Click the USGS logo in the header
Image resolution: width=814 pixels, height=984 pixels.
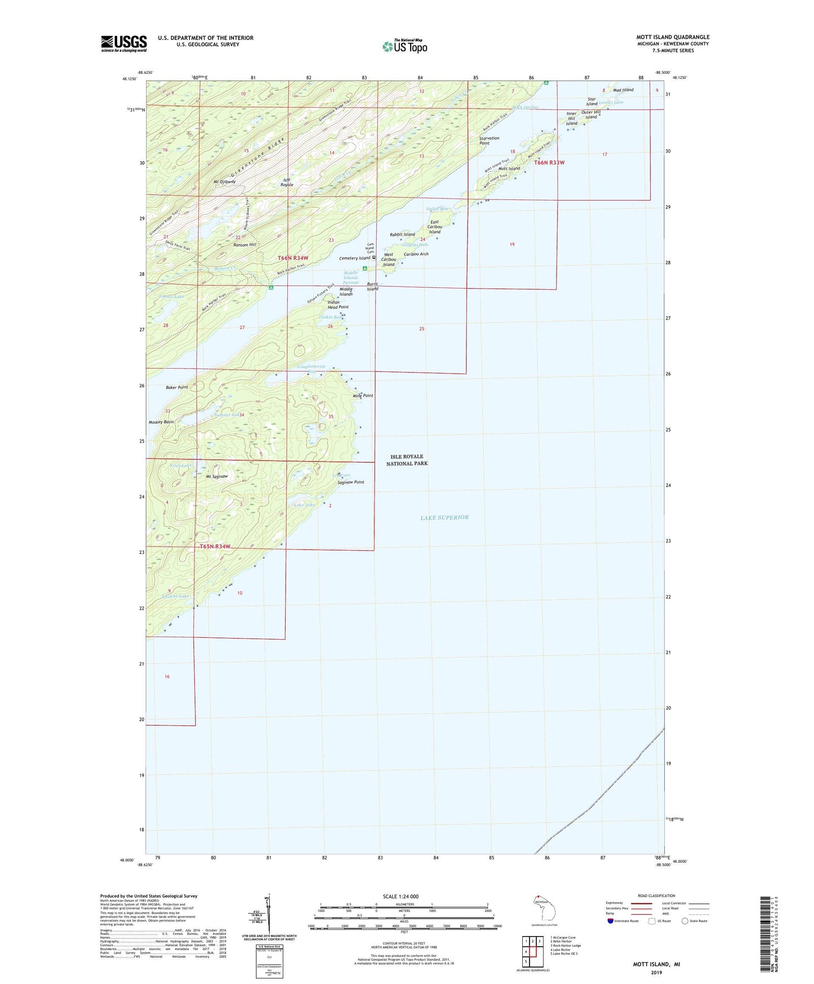(x=124, y=43)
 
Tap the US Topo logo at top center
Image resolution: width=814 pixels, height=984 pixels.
(x=404, y=46)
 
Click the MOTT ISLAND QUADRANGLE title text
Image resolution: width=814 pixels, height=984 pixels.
(x=673, y=37)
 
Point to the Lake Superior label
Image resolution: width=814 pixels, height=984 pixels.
(x=444, y=517)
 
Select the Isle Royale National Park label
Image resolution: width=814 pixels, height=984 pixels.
(x=407, y=460)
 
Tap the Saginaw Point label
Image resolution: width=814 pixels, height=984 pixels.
(x=351, y=482)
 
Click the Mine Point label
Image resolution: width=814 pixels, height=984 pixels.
(x=363, y=396)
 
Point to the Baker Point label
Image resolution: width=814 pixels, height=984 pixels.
(x=177, y=388)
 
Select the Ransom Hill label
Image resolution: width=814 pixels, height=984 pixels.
(x=245, y=245)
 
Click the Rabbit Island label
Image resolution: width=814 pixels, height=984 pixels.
(x=402, y=234)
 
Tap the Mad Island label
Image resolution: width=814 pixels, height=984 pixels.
(x=623, y=90)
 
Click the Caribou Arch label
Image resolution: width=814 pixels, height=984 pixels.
(x=416, y=254)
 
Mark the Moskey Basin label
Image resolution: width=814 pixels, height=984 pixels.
(x=161, y=422)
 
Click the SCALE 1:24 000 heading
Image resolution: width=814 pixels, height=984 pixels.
(x=401, y=896)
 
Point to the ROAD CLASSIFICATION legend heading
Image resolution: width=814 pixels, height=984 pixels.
(x=656, y=896)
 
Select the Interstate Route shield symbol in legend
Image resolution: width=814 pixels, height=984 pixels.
(x=611, y=921)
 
